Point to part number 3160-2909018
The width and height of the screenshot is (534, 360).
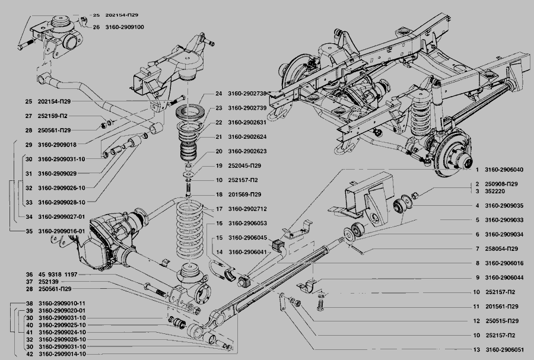[58, 145]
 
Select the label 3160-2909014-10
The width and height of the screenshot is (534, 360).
[62, 354]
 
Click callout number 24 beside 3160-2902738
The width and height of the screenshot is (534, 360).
[218, 94]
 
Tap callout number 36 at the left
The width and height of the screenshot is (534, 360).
[28, 274]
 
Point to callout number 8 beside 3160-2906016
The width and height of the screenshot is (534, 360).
[476, 263]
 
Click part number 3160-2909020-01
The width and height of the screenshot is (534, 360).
[62, 310]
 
